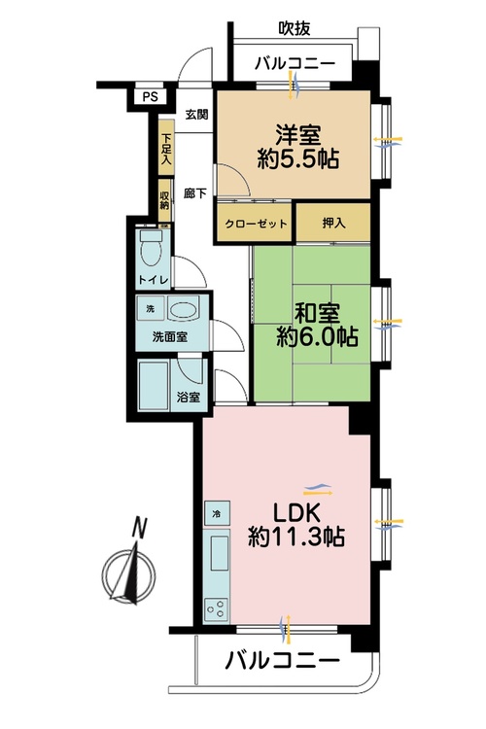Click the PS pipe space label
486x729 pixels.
point(151,97)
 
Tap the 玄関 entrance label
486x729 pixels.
point(196,115)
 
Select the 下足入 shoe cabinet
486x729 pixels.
point(166,148)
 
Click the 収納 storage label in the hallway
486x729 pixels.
point(164,200)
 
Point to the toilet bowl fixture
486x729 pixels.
point(151,250)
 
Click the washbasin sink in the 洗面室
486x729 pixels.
point(183,309)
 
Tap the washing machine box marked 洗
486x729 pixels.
point(151,309)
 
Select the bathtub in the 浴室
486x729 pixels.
point(154,386)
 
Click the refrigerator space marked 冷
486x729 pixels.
point(217,514)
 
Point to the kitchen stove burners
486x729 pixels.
point(217,608)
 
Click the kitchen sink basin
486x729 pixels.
point(220,553)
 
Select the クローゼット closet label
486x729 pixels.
point(256,225)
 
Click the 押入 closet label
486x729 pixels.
point(334,224)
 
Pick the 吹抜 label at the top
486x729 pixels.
point(294,29)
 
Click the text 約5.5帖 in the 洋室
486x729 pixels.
point(298,159)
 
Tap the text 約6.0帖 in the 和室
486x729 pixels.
point(317,336)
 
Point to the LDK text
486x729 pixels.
point(296,514)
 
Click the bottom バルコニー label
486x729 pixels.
point(282,660)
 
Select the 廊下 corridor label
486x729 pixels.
point(194,193)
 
